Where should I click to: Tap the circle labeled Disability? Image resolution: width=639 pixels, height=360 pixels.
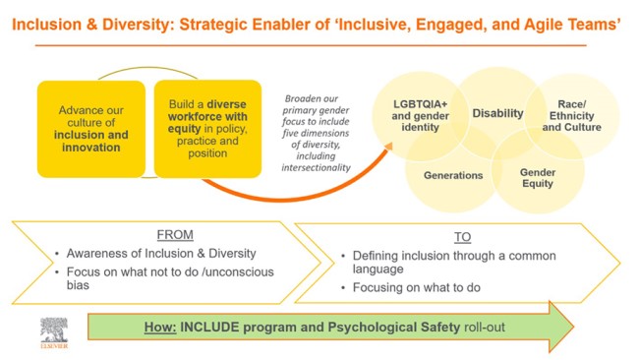(x=497, y=113)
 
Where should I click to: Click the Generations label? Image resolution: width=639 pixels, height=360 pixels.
(x=452, y=175)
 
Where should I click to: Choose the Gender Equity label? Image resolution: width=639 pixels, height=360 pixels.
(x=537, y=177)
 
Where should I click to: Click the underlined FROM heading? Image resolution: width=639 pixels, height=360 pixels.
(x=174, y=236)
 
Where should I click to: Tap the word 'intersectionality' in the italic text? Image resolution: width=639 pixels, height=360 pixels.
(x=316, y=167)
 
